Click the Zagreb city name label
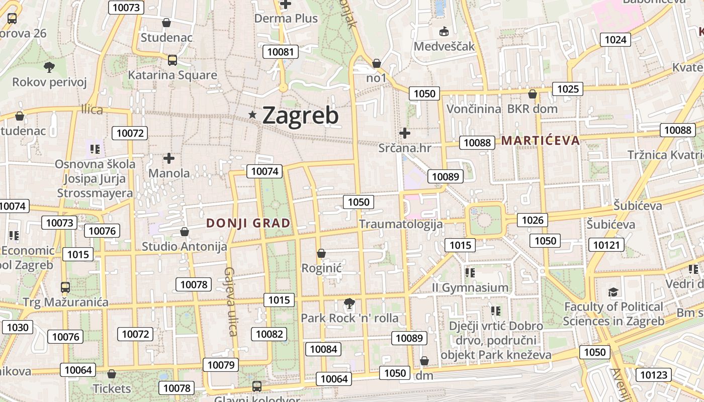[x=300, y=115]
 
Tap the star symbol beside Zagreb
[x=252, y=115]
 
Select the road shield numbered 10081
[x=281, y=52]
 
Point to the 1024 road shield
[x=615, y=40]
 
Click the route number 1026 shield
[x=533, y=220]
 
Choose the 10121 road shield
[x=606, y=245]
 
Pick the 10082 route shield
[x=269, y=334]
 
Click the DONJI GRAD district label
[x=248, y=223]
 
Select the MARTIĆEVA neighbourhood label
[x=541, y=141]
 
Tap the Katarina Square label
[x=172, y=75]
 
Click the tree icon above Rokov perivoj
[x=49, y=67]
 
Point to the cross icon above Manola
[x=169, y=158]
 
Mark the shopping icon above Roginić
[x=321, y=253]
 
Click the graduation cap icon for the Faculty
[x=613, y=292]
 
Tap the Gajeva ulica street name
[x=231, y=301]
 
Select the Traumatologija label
[x=401, y=224]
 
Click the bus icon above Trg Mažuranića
[x=65, y=287]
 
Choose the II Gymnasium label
[x=470, y=288]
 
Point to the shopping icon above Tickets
[x=112, y=374]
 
